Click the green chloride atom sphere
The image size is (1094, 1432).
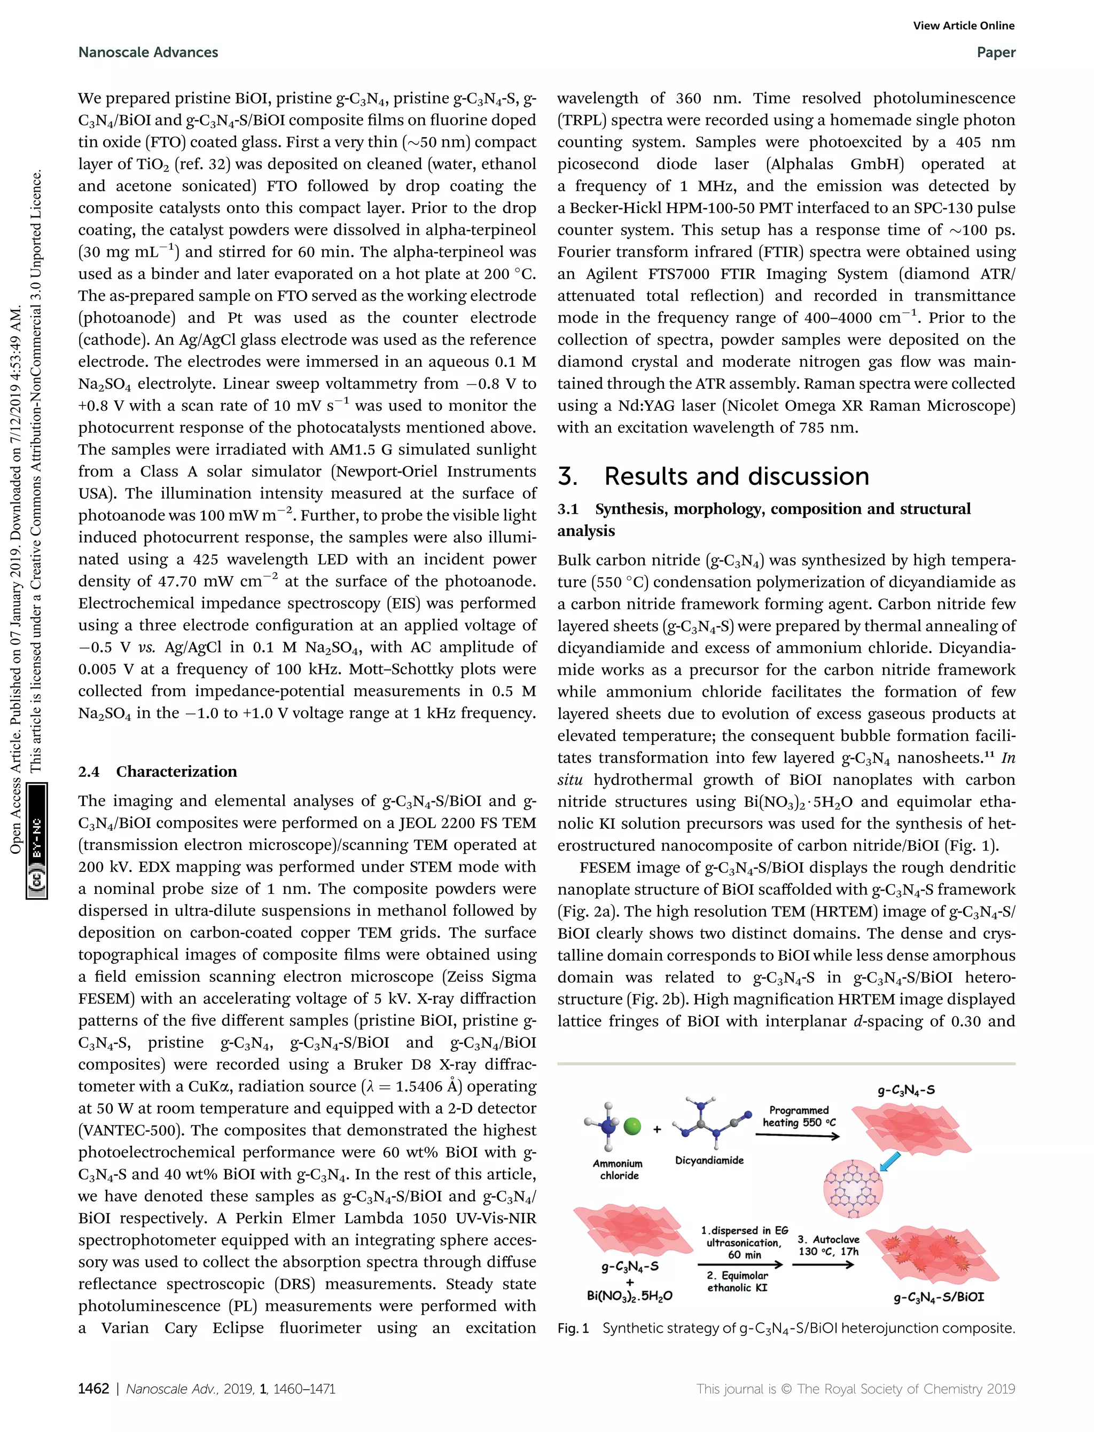coord(632,1127)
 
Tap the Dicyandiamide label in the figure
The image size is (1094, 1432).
coord(709,1160)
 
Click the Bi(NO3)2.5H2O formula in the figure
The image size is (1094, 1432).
coord(629,1295)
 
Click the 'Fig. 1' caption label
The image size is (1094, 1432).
coord(573,1328)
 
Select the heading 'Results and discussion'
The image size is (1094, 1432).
coord(736,476)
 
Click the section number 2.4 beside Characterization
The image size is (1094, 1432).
coord(89,772)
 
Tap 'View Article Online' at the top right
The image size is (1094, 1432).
coord(963,26)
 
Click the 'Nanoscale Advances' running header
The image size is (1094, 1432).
coord(148,52)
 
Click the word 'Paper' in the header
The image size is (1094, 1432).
coord(996,52)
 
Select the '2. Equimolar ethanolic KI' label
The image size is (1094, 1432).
coord(737,1281)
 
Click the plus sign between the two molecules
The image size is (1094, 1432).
coord(657,1129)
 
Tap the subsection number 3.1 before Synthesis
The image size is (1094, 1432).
coord(568,509)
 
